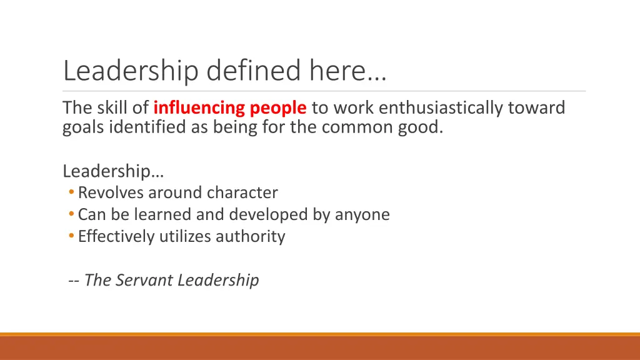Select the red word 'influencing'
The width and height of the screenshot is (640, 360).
coord(199,108)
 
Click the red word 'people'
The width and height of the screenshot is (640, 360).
coord(278,108)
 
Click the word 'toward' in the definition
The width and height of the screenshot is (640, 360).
coord(536,108)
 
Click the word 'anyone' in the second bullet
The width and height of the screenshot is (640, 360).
coord(362,215)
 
